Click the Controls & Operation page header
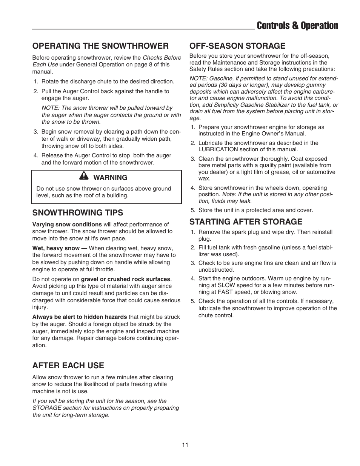click(297, 26)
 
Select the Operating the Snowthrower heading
click(100, 46)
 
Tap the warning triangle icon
click(84, 176)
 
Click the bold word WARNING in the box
click(110, 177)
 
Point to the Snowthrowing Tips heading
click(78, 212)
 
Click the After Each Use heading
click(68, 365)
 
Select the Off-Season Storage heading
click(237, 46)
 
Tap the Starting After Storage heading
click(246, 221)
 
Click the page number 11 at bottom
click(185, 444)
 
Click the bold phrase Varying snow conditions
click(67, 224)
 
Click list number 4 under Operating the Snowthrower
click(35, 155)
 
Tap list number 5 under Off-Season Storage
click(192, 210)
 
